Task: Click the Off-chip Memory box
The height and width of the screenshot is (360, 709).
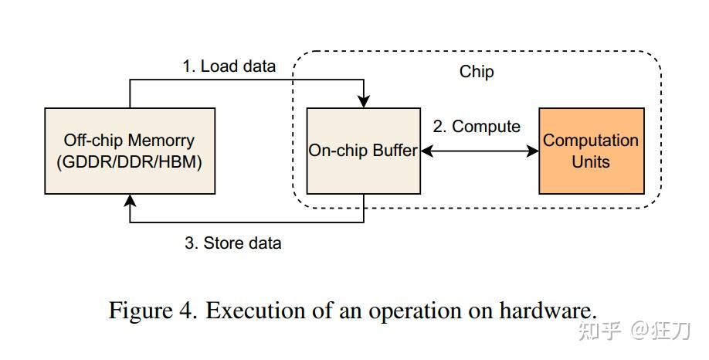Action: (x=130, y=151)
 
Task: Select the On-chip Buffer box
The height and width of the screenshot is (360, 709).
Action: (x=364, y=151)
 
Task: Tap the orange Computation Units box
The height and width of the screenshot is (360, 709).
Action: (x=592, y=151)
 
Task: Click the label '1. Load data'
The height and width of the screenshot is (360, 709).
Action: (x=229, y=66)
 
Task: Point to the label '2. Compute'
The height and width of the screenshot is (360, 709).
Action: (x=477, y=127)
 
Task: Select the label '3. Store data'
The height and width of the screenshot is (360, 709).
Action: (x=233, y=243)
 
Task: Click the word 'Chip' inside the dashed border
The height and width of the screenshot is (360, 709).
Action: (x=477, y=72)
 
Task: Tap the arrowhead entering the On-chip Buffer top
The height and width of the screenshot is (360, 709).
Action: (x=364, y=102)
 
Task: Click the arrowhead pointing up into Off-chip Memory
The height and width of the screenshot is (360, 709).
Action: (x=130, y=201)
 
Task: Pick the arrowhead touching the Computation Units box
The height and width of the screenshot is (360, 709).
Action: (x=533, y=151)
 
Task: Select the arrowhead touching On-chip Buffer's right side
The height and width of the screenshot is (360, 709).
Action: (x=427, y=151)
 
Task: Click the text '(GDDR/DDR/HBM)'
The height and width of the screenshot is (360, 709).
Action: (x=129, y=162)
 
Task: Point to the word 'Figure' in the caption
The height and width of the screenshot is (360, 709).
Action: (x=140, y=311)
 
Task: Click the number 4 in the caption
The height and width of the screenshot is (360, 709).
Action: (x=188, y=311)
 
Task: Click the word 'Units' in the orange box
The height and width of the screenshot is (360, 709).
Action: (x=591, y=161)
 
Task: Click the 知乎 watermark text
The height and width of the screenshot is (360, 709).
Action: (x=599, y=331)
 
